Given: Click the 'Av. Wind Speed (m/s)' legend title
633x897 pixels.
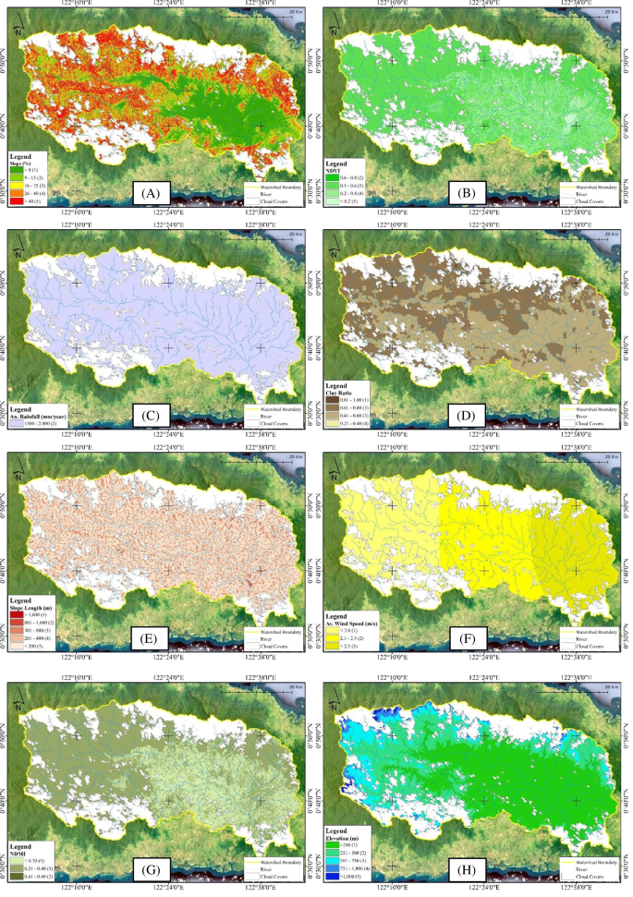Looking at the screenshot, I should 358,620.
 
